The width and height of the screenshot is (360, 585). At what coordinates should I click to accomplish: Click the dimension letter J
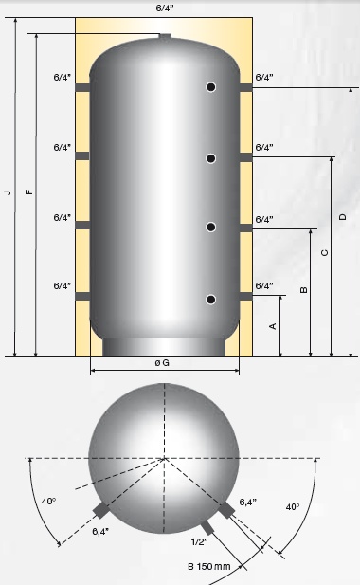8,192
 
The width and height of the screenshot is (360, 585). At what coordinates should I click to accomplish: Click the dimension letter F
29,192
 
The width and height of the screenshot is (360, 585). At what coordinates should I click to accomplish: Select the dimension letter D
343,216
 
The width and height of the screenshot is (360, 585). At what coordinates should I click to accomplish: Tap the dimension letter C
325,252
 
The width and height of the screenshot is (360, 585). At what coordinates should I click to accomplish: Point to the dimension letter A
273,326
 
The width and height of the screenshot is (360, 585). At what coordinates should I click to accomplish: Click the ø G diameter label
162,362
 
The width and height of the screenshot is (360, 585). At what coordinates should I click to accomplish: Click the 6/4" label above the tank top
165,9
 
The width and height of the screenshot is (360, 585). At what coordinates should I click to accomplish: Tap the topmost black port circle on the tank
211,87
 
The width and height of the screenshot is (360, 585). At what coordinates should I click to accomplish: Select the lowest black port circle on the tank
211,300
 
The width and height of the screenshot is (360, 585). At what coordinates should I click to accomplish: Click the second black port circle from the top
211,158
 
